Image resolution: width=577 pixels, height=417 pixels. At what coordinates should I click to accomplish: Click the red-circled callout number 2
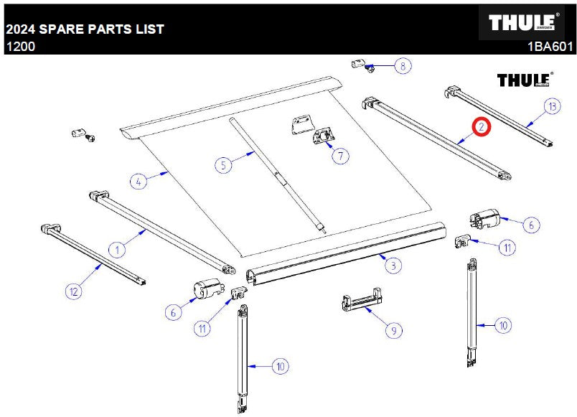point(482,127)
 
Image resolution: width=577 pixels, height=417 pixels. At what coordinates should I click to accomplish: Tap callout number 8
point(403,66)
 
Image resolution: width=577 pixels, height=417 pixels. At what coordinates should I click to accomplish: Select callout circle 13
point(553,106)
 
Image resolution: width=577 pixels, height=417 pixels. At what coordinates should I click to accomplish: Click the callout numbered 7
point(340,156)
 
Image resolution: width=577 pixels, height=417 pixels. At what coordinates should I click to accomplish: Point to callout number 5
point(223,165)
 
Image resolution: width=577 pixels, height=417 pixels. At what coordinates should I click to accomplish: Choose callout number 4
point(139,182)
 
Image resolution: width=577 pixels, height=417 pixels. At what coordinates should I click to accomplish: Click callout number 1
point(118,250)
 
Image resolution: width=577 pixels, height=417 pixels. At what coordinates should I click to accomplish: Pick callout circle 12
point(74,291)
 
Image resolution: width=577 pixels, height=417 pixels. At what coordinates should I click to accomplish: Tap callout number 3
point(393,266)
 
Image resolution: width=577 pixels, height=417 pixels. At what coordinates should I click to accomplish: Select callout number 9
point(394,330)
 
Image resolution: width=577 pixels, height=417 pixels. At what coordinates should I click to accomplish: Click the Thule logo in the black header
point(522,22)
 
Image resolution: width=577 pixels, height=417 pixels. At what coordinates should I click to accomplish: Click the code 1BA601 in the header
point(550,47)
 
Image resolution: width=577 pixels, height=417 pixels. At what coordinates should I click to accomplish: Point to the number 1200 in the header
point(21,47)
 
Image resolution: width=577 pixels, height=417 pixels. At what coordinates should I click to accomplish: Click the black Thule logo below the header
point(524,80)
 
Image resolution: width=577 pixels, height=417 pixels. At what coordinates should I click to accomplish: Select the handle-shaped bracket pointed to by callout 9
point(362,299)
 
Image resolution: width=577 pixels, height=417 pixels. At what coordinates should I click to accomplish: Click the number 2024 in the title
point(21,29)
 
